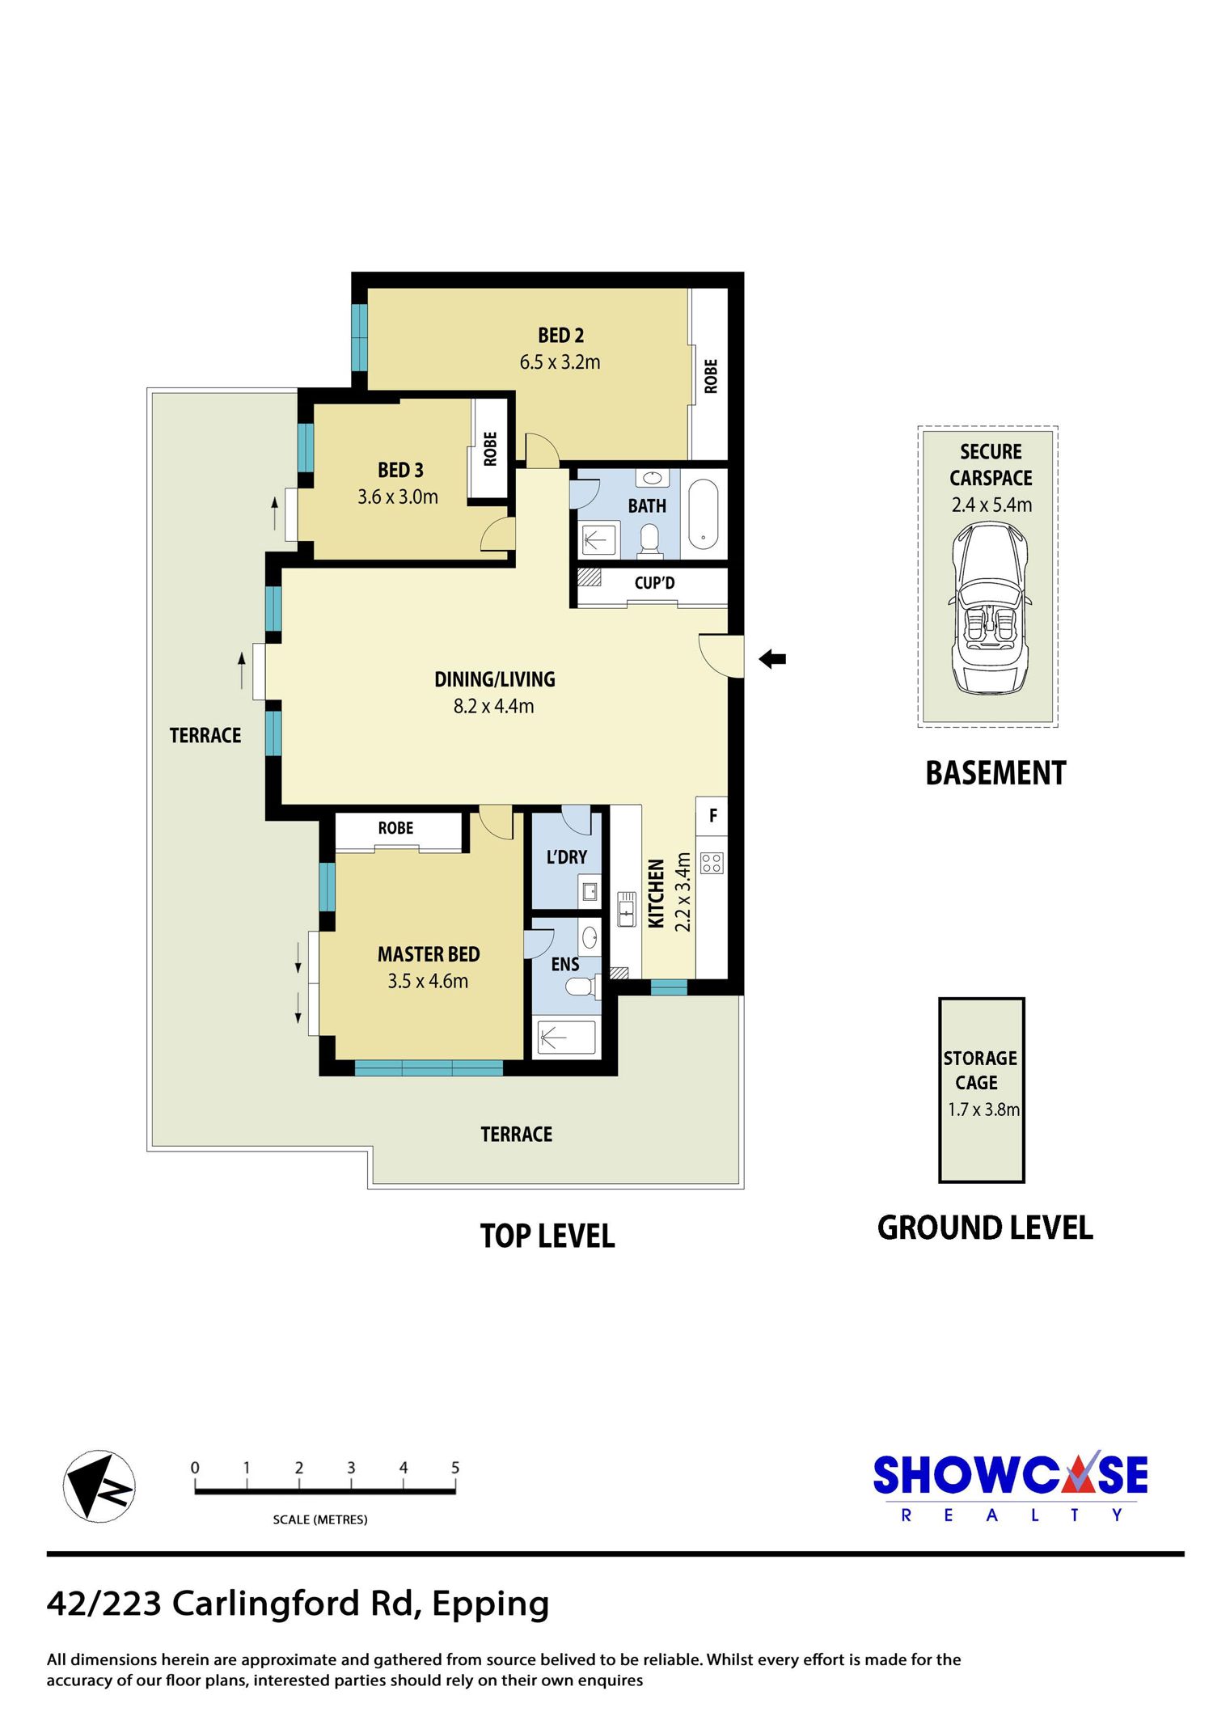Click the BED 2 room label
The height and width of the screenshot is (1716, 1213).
coord(560,335)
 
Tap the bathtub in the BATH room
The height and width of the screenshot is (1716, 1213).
coord(703,515)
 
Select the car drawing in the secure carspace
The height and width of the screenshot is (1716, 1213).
coord(990,608)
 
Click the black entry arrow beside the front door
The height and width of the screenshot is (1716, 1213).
coord(772,659)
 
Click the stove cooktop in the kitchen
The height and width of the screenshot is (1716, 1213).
coord(712,863)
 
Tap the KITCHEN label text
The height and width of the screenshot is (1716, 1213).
coord(657,893)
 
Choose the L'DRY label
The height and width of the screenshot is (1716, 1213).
coord(566,857)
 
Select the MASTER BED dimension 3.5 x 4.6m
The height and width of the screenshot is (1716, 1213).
coord(428,981)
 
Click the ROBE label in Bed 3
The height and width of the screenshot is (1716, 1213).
coord(490,449)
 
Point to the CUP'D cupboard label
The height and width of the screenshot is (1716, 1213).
coord(654,583)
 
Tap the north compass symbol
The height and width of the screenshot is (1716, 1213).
coord(99,1486)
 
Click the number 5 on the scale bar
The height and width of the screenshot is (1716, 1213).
coord(455,1467)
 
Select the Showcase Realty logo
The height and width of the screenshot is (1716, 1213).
coord(1010,1486)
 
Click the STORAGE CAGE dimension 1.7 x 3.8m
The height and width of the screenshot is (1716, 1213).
coord(983,1109)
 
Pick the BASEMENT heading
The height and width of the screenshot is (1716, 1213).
coord(995,773)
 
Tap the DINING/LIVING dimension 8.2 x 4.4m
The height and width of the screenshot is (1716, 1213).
coord(493,706)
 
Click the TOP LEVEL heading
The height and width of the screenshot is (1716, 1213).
coord(547,1236)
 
